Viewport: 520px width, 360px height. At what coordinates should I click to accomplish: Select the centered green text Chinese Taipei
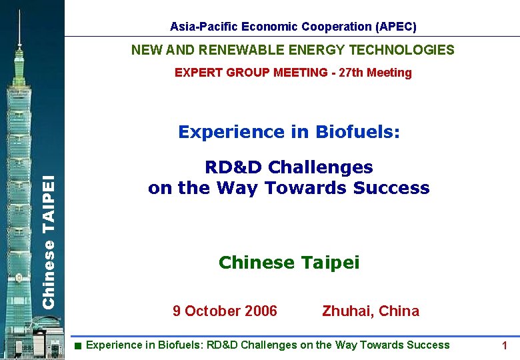pyautogui.click(x=289, y=263)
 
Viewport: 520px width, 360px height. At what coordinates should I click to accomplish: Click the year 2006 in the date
pyautogui.click(x=261, y=311)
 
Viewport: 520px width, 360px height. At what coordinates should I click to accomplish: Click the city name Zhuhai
pyautogui.click(x=347, y=311)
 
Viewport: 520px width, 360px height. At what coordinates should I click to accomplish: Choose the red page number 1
pyautogui.click(x=505, y=345)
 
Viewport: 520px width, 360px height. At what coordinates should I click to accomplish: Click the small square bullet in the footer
pyautogui.click(x=78, y=345)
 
